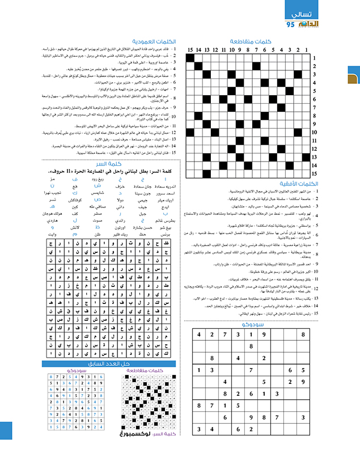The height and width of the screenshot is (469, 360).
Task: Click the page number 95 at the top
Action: click(x=290, y=24)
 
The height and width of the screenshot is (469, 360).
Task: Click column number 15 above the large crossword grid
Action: click(x=190, y=50)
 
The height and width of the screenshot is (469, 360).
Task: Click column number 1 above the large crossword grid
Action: click(x=306, y=50)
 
